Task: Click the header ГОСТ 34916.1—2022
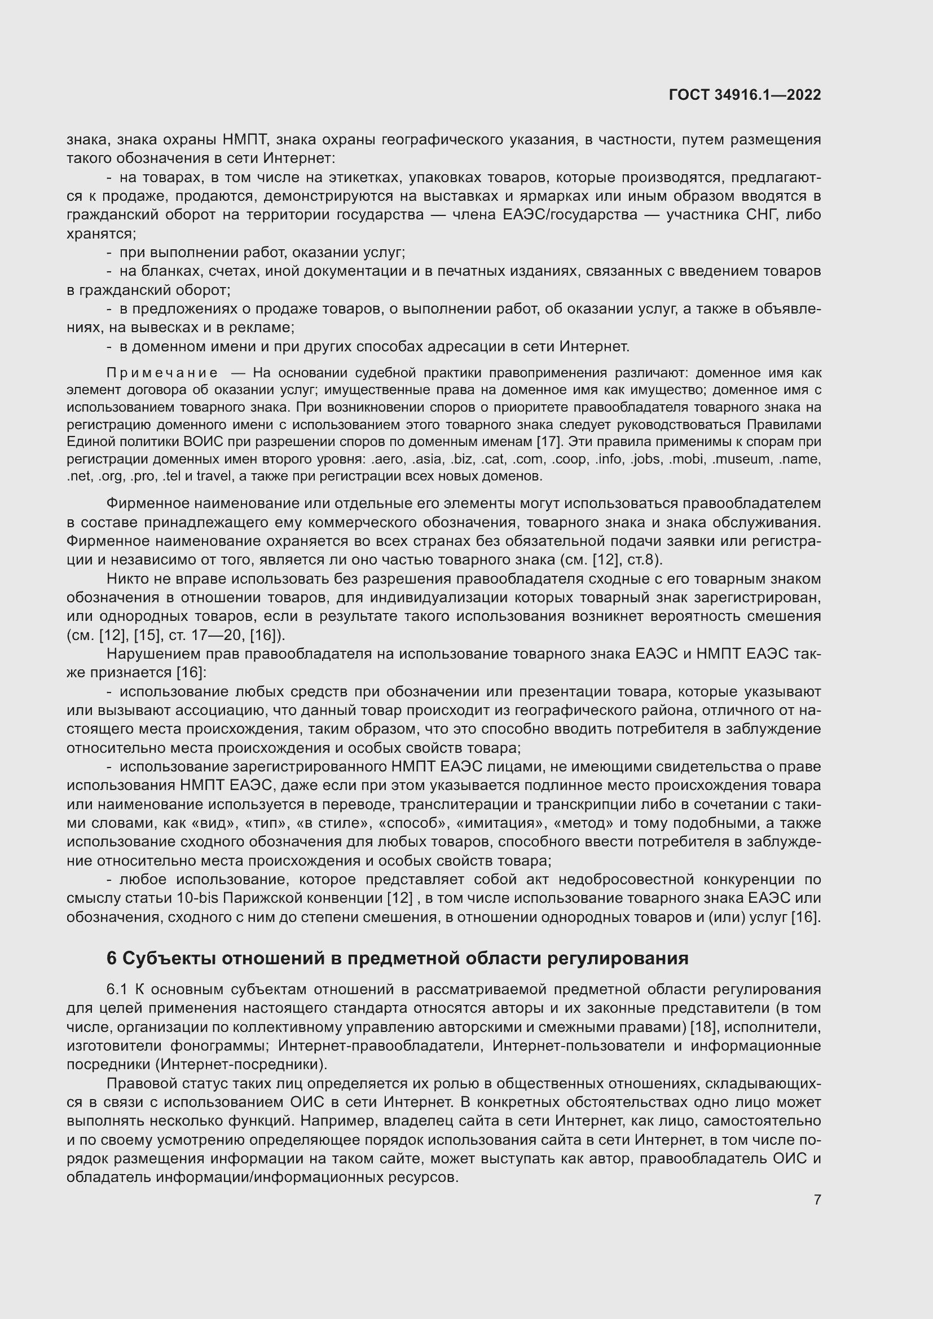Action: click(745, 95)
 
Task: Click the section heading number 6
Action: click(112, 958)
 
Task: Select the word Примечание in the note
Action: click(162, 373)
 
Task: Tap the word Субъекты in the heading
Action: click(169, 958)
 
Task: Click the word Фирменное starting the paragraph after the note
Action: click(148, 504)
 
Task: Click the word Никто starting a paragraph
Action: click(126, 579)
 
